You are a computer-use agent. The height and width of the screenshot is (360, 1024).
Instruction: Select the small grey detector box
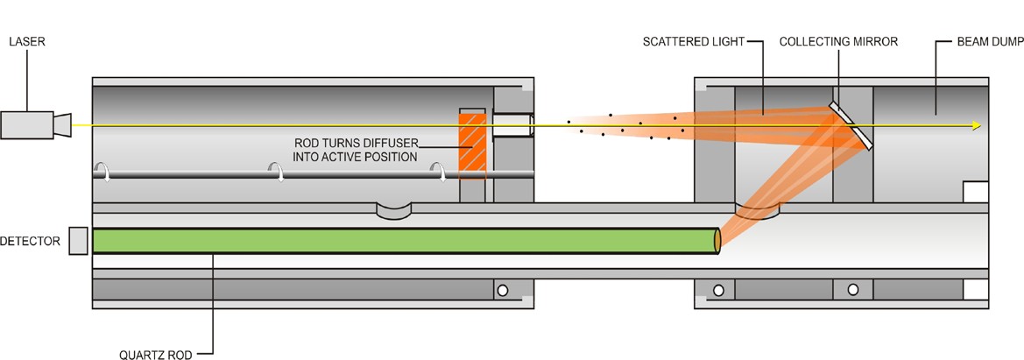coord(78,241)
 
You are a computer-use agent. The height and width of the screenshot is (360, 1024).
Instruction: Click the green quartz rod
coord(403,241)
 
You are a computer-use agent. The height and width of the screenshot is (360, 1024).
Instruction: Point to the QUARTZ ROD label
coord(157,355)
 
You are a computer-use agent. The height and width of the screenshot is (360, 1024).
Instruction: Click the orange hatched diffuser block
coord(471,145)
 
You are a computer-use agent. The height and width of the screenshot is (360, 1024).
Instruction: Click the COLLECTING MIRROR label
coord(838,41)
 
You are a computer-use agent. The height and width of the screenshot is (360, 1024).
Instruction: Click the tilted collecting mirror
coord(851,124)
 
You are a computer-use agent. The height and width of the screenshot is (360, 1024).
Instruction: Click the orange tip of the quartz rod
coord(718,241)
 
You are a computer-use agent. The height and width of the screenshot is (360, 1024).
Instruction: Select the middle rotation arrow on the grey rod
coord(280,173)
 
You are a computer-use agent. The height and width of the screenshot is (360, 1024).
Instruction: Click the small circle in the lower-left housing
coord(503,290)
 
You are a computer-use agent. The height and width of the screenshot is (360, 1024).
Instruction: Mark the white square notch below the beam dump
coord(975,192)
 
